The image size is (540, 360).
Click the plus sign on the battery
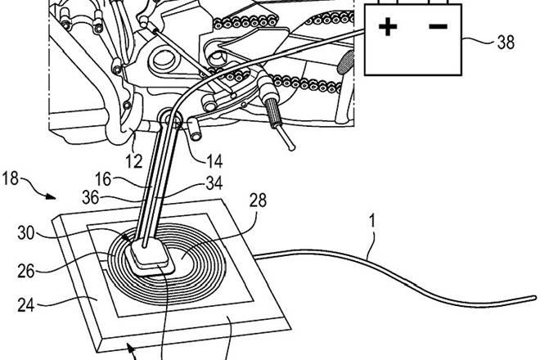tap(389, 28)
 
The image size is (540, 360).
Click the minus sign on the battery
tap(439, 27)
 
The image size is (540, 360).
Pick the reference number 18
tap(22, 178)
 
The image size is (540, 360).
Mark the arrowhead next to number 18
tap(54, 196)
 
